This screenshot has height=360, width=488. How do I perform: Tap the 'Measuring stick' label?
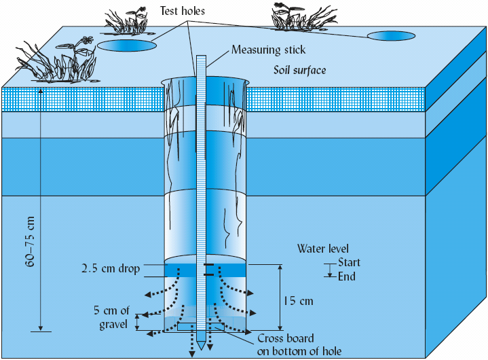(269, 50)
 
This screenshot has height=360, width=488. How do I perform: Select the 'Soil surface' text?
(300, 69)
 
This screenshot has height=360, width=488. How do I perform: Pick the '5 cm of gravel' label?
(111, 317)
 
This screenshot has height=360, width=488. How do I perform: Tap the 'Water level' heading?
(323, 249)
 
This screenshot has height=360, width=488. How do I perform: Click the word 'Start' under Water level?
(349, 263)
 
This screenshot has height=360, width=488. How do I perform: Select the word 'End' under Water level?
(346, 276)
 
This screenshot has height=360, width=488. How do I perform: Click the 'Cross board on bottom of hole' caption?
(299, 344)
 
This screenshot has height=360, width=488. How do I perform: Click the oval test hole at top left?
(126, 46)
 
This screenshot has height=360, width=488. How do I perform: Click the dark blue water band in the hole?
(183, 270)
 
